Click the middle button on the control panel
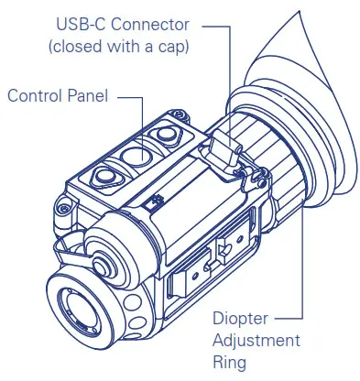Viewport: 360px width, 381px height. pyautogui.click(x=137, y=157)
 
